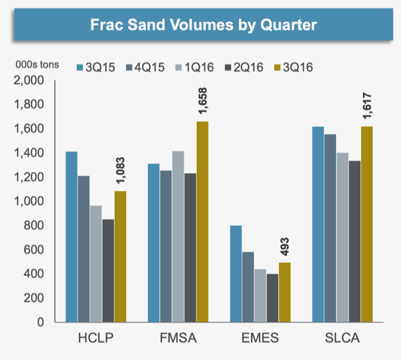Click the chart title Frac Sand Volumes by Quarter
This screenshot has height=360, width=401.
(x=203, y=26)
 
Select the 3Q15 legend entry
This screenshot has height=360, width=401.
(x=95, y=67)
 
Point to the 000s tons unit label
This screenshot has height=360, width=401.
(x=38, y=65)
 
